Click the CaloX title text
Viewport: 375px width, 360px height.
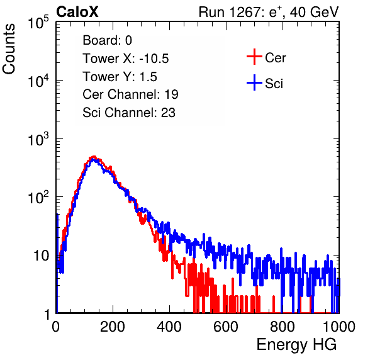[77, 12]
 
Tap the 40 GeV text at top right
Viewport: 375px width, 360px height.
[314, 12]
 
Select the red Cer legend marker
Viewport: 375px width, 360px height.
[254, 57]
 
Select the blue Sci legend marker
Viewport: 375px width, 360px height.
[254, 83]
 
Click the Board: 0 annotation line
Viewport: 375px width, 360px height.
[107, 40]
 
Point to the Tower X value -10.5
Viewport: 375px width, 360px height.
[154, 59]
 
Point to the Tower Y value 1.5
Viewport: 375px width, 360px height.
[148, 77]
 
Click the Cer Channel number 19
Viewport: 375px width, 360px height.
[171, 94]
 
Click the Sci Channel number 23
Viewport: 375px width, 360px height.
[168, 113]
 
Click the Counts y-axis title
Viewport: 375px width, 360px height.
[9, 49]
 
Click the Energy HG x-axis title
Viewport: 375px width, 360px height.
[296, 345]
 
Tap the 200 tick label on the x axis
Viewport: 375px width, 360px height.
[113, 327]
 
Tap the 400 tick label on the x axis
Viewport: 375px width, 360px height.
[169, 327]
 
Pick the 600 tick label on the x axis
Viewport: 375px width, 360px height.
[226, 327]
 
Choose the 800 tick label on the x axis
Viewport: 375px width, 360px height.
[283, 327]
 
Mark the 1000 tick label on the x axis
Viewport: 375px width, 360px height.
[339, 327]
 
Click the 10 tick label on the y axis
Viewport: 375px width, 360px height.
[42, 256]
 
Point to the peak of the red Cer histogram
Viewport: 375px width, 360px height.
[94, 157]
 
